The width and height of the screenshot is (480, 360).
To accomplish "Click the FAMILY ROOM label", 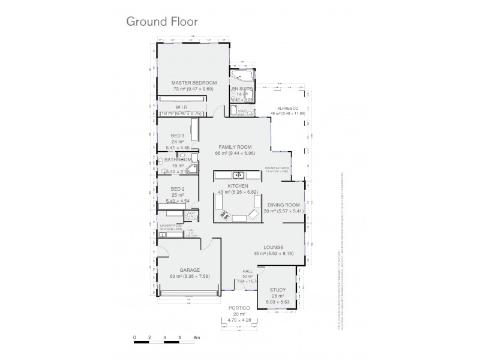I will pyautogui.click(x=235, y=147).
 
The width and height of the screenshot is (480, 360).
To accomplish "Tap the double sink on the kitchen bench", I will pyautogui.click(x=238, y=175).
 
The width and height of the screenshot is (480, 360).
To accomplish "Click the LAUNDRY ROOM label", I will pyautogui.click(x=170, y=225).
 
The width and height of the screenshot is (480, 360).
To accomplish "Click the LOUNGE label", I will pyautogui.click(x=273, y=247).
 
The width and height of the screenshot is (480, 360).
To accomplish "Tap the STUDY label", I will pyautogui.click(x=277, y=289).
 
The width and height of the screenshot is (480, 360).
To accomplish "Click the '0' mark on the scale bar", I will pyautogui.click(x=135, y=338).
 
